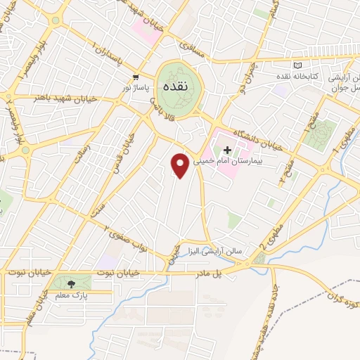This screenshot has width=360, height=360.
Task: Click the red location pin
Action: click(x=180, y=165)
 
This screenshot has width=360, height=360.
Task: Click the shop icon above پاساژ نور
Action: click(x=136, y=77)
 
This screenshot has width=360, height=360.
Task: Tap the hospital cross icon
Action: click(x=227, y=150)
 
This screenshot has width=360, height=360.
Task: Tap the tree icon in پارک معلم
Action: click(x=71, y=284)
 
